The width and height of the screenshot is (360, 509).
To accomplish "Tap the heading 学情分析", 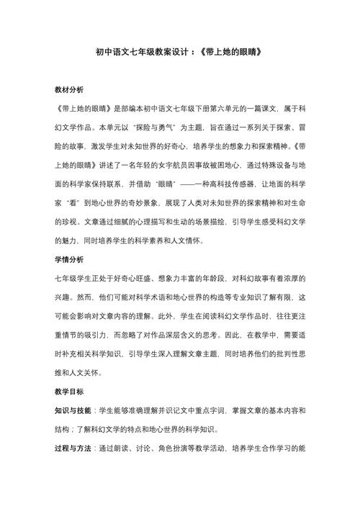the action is click(69, 258).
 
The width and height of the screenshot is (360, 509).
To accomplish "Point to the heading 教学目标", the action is click(69, 392).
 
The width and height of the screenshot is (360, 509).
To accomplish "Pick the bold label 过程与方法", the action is click(73, 448).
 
